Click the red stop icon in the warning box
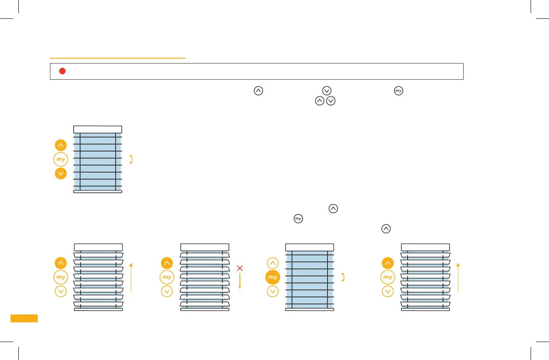[x=62, y=71]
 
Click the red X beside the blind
[x=239, y=268]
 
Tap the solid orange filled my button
[x=273, y=277]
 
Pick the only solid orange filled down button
[x=61, y=173]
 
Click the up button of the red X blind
[x=167, y=263]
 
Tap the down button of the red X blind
[x=167, y=291]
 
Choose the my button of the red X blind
[x=167, y=277]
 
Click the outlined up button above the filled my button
[x=273, y=263]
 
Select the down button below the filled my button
[x=273, y=291]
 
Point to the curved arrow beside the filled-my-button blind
[x=344, y=277]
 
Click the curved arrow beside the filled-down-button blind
[x=131, y=159]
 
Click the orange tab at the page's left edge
[x=24, y=318]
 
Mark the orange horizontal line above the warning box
[x=118, y=58]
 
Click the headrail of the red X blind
[x=204, y=247]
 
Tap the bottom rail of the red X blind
[x=204, y=309]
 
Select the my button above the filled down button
[x=61, y=159]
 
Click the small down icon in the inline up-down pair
[x=331, y=101]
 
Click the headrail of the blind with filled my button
[x=310, y=247]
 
